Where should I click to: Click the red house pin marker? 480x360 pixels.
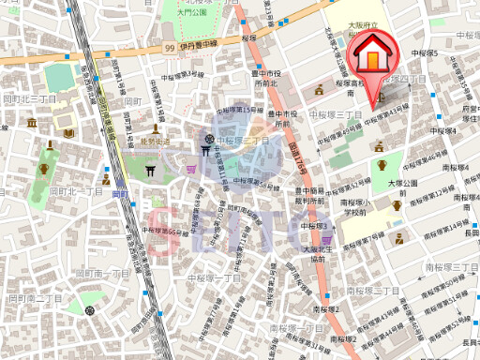[x=373, y=61]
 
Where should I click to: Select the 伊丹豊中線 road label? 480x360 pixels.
[x=198, y=43]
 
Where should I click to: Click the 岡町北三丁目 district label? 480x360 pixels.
[x=30, y=97]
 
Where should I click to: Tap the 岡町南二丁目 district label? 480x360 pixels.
[x=35, y=297]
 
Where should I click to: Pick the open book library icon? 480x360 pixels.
[x=68, y=132]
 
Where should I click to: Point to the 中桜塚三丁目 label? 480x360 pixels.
[x=340, y=114]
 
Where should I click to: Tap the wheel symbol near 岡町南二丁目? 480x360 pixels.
[x=89, y=308]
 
